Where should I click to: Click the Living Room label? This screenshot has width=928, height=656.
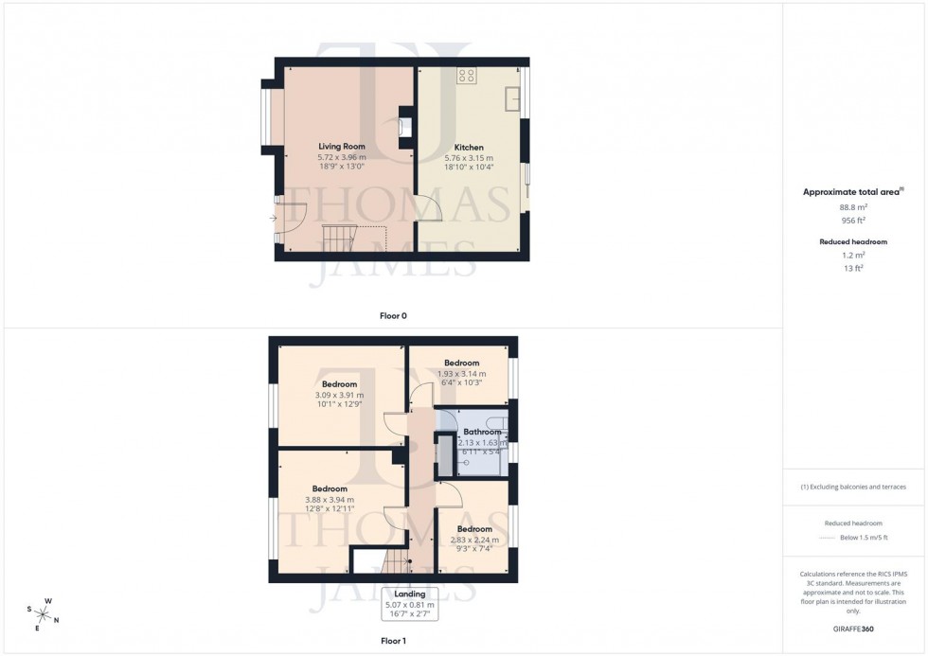pos(341,147)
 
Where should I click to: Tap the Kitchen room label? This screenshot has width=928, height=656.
pos(469,148)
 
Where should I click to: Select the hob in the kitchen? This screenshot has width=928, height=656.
pos(466,76)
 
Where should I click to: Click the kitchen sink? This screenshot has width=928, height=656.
pos(512,97)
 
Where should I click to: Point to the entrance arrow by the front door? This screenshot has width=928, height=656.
pos(273,219)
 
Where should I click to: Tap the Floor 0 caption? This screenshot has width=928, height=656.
pos(393,315)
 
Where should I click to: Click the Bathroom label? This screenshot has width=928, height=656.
pos(482,432)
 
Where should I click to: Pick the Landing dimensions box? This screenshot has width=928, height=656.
pos(409,604)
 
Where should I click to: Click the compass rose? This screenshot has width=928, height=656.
pos(44,612)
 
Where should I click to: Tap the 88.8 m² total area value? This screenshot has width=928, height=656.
pos(853,206)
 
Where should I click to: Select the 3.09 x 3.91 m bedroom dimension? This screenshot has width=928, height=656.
pos(339,395)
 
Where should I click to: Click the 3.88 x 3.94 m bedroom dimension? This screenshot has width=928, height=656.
pos(330,500)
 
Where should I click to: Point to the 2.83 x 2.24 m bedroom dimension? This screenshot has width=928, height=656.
pos(474,540)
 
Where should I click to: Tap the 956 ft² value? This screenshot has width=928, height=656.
pos(853,221)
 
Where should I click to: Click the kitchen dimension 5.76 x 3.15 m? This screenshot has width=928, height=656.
pos(469,158)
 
